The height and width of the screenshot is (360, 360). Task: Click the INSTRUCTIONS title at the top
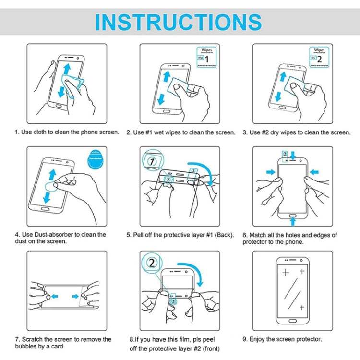(x=179, y=22)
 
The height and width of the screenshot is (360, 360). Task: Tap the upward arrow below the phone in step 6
(x=293, y=221)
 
